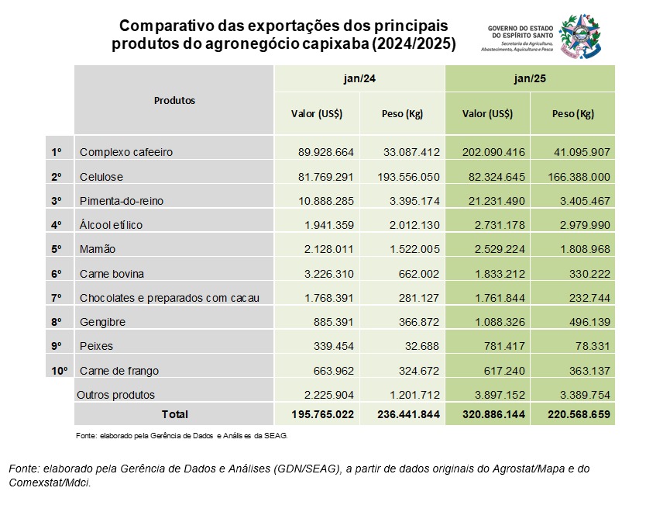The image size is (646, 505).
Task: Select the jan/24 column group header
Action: click(x=359, y=79)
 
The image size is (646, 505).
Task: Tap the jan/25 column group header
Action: click(x=530, y=79)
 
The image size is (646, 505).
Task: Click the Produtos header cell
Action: click(x=174, y=100)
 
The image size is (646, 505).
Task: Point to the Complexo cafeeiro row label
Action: click(x=126, y=152)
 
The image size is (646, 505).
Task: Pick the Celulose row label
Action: click(x=101, y=177)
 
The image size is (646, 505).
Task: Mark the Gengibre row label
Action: click(x=102, y=322)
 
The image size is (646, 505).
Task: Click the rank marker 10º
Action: click(x=59, y=371)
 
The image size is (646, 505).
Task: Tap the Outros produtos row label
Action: click(x=116, y=395)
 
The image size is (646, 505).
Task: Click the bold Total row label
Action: click(x=174, y=414)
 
